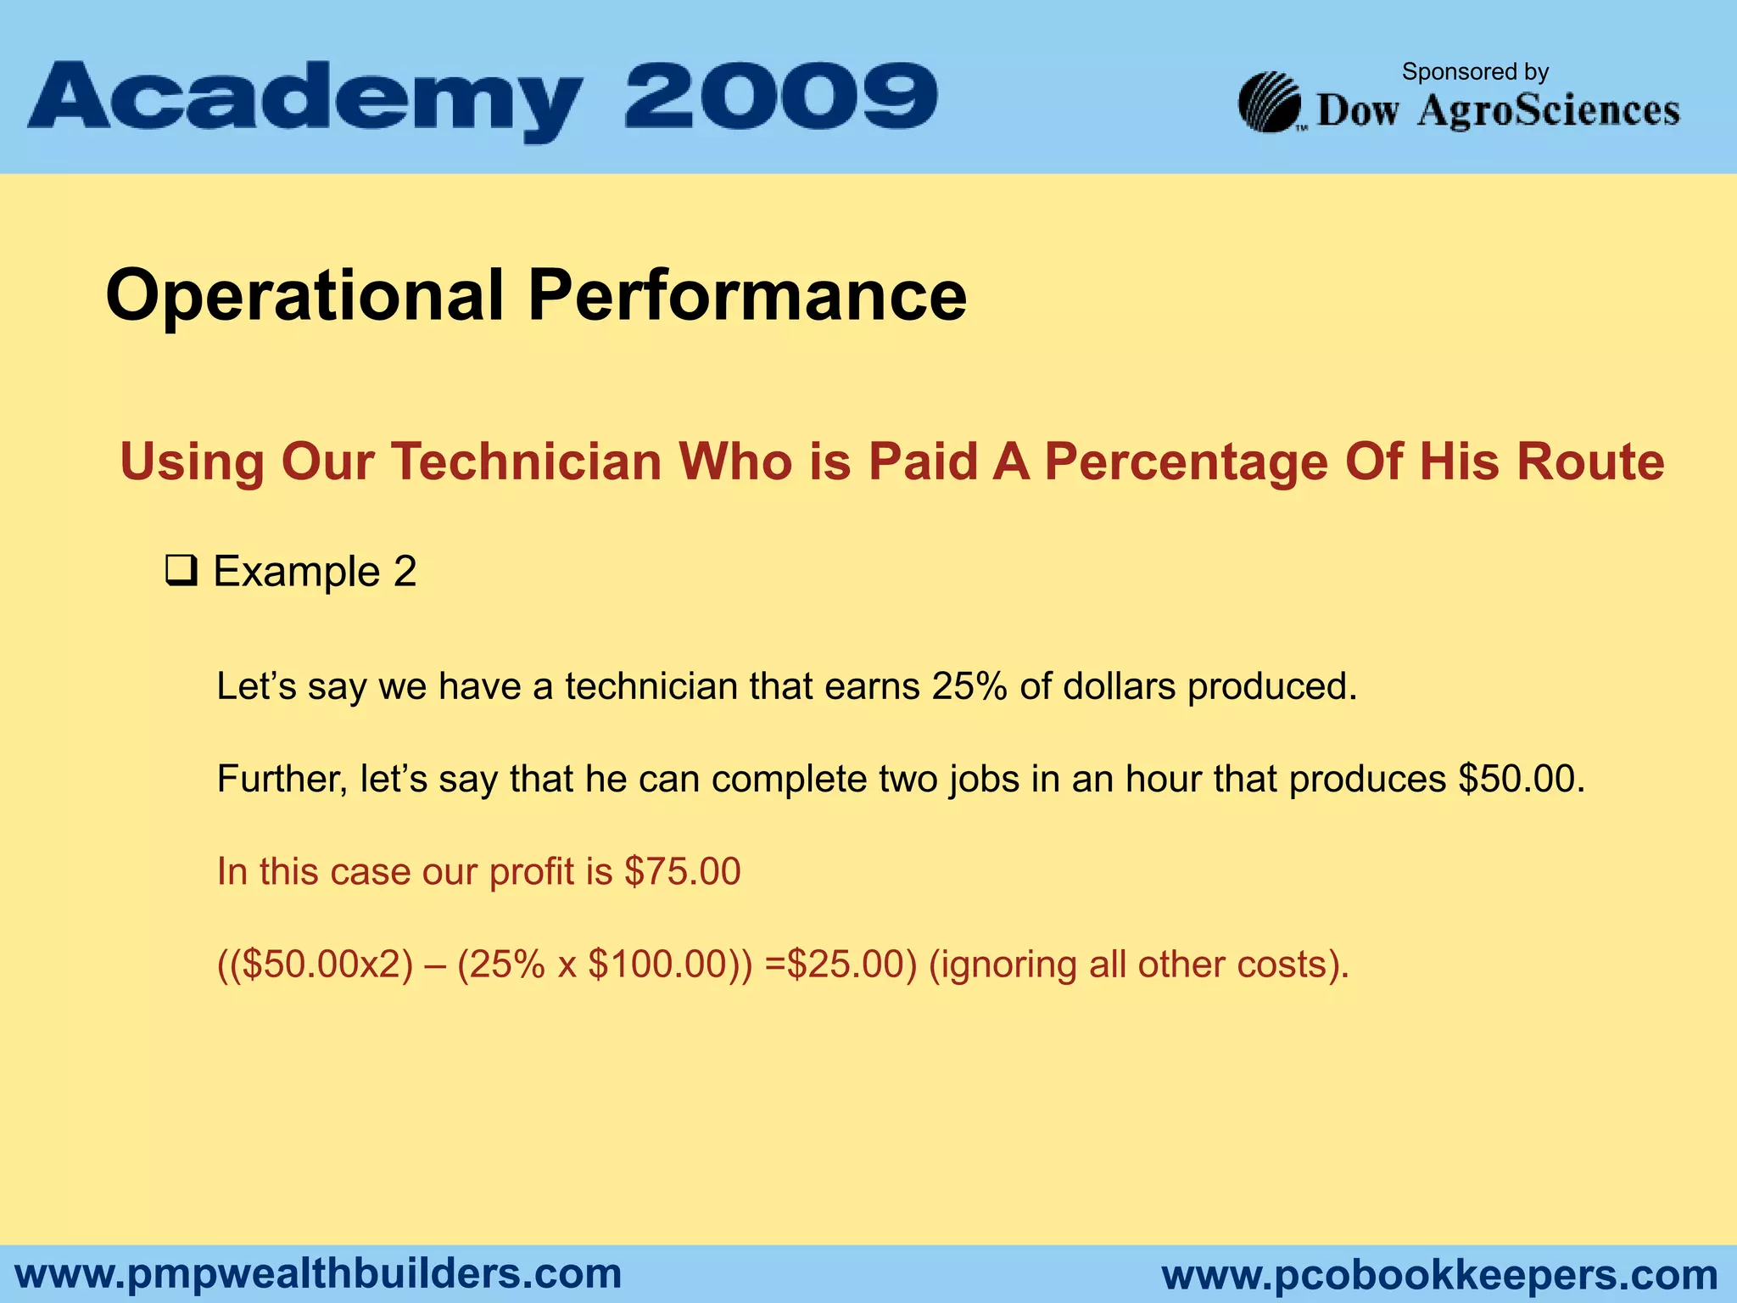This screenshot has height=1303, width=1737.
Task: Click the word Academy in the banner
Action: [x=305, y=100]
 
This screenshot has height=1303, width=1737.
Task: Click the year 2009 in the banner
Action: [x=781, y=95]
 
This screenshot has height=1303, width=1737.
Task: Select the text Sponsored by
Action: [x=1475, y=72]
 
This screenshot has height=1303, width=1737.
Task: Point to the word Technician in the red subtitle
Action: [x=526, y=462]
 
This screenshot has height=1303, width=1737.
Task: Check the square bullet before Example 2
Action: [x=181, y=571]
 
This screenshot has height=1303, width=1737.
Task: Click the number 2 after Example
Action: [x=405, y=571]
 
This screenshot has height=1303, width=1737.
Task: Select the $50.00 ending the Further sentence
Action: [x=1521, y=779]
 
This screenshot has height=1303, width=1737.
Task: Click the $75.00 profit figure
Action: [x=682, y=872]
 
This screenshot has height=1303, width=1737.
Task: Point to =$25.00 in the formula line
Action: [x=835, y=965]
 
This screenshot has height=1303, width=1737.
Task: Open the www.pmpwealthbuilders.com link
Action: [x=319, y=1274]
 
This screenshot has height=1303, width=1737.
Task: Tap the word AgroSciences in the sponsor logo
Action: [x=1548, y=111]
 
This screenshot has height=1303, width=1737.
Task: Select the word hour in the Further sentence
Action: [x=1163, y=779]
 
